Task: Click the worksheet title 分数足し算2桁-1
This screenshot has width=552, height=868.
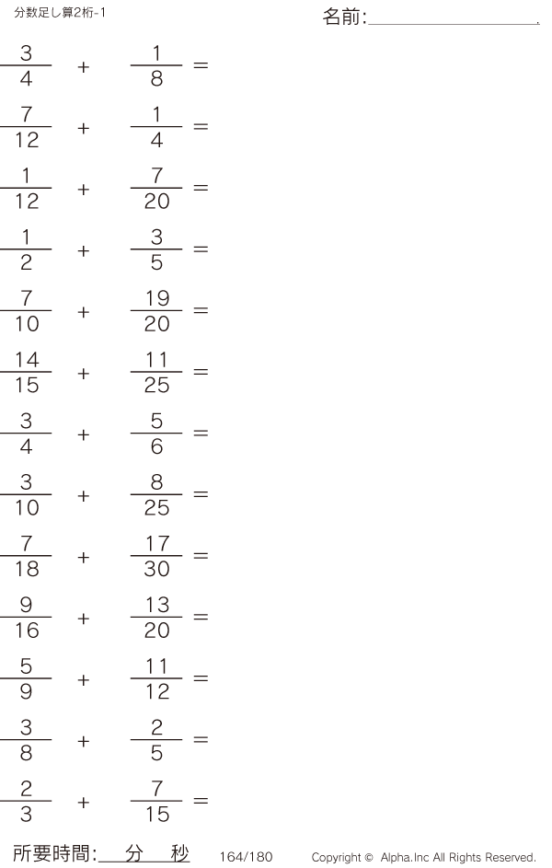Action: click(60, 12)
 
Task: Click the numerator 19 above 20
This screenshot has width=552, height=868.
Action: click(157, 298)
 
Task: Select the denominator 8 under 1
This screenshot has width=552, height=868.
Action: click(156, 78)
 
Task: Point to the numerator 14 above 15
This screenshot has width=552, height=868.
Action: click(27, 360)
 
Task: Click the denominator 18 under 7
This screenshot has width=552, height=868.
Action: click(27, 569)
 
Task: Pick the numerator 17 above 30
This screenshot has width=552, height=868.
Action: click(157, 544)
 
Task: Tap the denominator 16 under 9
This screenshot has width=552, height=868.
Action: click(27, 631)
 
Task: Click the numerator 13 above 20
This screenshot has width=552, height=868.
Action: click(157, 605)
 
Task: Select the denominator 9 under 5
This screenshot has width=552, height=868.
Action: click(26, 691)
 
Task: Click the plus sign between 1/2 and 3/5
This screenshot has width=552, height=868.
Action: click(83, 250)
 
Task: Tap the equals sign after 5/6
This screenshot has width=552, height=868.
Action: click(201, 433)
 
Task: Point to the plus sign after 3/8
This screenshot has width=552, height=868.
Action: click(83, 741)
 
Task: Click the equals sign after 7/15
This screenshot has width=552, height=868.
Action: click(201, 801)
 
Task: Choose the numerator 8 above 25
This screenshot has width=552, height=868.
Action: click(156, 482)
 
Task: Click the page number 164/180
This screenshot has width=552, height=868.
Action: click(247, 857)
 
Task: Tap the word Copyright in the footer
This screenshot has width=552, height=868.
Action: click(337, 858)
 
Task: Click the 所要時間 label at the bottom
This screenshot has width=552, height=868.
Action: click(52, 853)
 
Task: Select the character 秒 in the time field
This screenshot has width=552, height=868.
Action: click(179, 853)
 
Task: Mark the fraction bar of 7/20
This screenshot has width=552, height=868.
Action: click(156, 188)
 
